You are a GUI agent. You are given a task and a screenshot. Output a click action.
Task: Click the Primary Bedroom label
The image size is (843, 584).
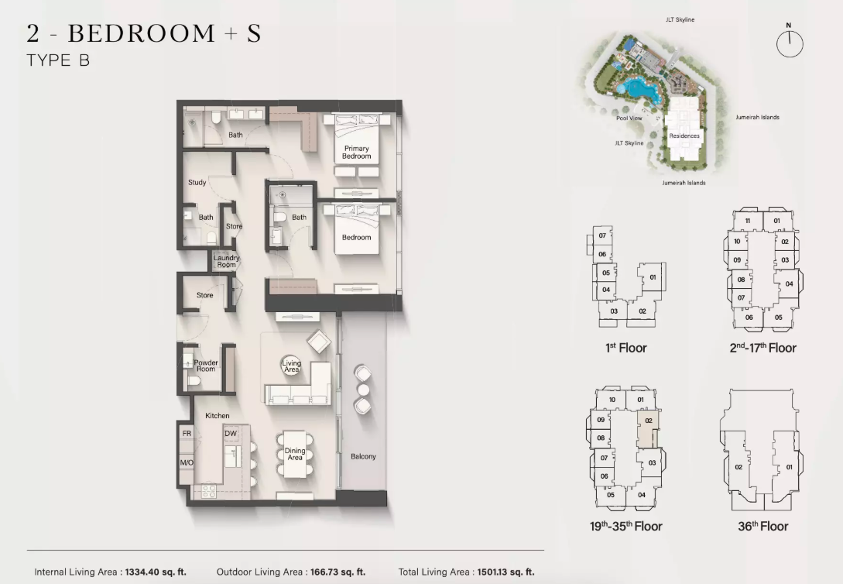[356, 152]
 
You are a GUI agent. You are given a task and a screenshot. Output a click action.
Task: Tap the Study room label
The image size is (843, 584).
[197, 182]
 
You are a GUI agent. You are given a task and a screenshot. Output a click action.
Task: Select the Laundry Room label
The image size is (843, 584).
[226, 261]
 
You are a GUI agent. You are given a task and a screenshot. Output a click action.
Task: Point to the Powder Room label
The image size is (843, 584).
[206, 366]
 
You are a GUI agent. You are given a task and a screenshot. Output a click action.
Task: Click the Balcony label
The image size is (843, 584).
[363, 456]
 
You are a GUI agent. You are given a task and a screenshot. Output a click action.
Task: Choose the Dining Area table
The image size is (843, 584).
[295, 455]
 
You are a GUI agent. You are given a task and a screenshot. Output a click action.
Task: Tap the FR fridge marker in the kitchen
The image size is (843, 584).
[187, 434]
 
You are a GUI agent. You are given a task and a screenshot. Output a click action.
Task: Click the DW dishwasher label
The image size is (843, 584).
[231, 434]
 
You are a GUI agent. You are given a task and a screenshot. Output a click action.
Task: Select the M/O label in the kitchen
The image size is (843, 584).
[187, 462]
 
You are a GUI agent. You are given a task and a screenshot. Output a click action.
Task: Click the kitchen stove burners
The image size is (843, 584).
[208, 490]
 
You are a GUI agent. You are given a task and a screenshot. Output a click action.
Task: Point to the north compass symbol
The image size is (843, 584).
[790, 43]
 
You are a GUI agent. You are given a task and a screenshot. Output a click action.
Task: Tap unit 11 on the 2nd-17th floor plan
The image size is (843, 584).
[747, 221]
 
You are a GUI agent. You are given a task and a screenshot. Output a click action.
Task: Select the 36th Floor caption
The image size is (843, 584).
[763, 526]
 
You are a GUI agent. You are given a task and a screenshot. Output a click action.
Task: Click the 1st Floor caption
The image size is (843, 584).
[625, 348]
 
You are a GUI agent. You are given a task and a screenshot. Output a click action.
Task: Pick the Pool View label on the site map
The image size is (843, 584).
[629, 118]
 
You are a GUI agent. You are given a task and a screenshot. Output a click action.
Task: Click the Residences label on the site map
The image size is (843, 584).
[684, 136]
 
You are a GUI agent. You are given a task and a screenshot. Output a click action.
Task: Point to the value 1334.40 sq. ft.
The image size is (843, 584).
[156, 572]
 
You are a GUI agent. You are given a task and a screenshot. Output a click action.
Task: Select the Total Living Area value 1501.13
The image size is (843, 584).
[506, 572]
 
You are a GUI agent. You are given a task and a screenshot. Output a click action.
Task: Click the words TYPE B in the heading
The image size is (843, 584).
[58, 60]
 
